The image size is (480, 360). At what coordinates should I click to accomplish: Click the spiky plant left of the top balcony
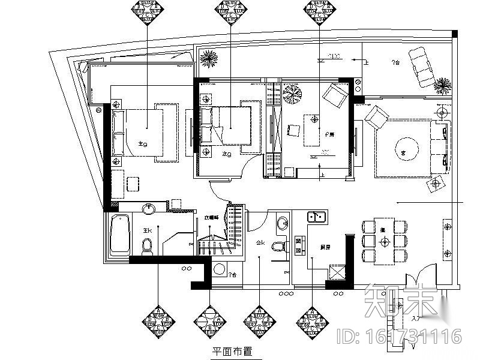point(208,59)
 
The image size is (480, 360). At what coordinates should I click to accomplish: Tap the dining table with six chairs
point(385,241)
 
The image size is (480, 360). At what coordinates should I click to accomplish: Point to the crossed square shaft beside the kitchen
point(337,272)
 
